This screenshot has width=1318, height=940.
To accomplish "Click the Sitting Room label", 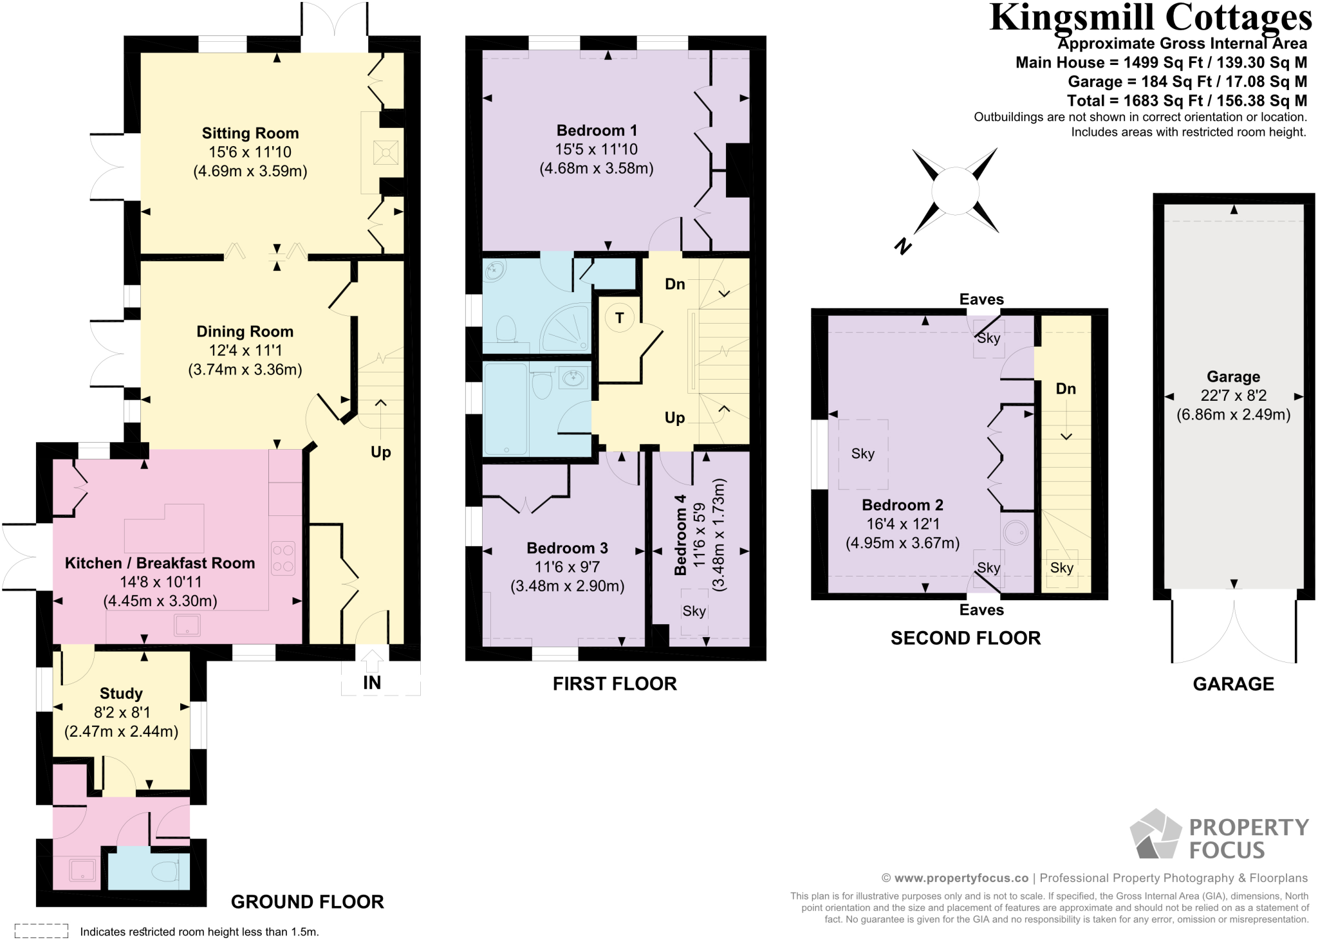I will pyautogui.click(x=250, y=133).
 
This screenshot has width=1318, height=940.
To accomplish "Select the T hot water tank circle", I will pyautogui.click(x=619, y=318).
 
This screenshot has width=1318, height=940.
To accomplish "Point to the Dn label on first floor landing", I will pyautogui.click(x=674, y=284).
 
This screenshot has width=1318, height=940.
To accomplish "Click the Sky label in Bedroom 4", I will pyautogui.click(x=694, y=611).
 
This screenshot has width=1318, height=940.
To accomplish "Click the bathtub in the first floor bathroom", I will pyautogui.click(x=505, y=409).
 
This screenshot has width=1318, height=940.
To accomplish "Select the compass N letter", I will pyautogui.click(x=903, y=246).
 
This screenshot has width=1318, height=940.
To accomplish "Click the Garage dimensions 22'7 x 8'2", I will pyautogui.click(x=1233, y=396).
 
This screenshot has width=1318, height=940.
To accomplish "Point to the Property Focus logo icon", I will pyautogui.click(x=1156, y=834).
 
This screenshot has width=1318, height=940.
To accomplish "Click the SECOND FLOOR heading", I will pyautogui.click(x=965, y=638).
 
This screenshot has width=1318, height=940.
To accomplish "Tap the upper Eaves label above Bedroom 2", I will pyautogui.click(x=981, y=299).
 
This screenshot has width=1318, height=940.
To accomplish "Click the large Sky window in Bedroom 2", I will pyautogui.click(x=863, y=454).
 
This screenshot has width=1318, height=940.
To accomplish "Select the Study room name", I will pyautogui.click(x=121, y=694).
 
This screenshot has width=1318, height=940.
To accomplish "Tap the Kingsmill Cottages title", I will pyautogui.click(x=1150, y=18).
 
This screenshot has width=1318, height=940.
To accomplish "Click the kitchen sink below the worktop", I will pyautogui.click(x=187, y=625).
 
